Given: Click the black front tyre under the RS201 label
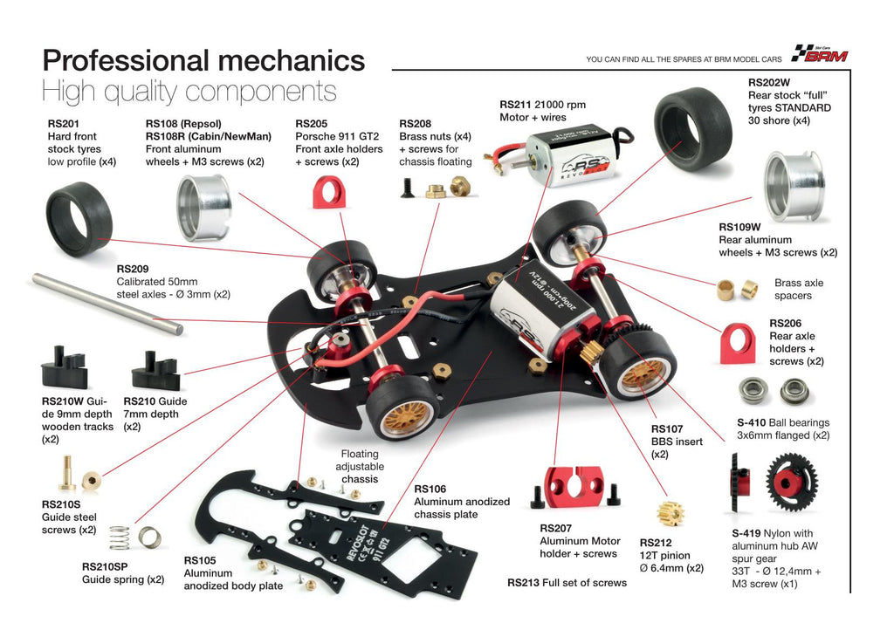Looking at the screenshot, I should point(79,223).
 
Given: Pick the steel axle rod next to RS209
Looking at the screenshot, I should point(107,303).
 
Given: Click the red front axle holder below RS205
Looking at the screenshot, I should point(329,191).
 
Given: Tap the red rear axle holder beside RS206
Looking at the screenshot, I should point(739,343).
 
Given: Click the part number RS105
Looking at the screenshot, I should point(200,560).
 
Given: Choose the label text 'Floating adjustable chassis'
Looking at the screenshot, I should point(360,466).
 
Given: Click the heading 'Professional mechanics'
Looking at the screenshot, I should point(203,60).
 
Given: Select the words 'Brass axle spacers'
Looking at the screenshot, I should point(799,289).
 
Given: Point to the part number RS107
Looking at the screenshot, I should point(667,428).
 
